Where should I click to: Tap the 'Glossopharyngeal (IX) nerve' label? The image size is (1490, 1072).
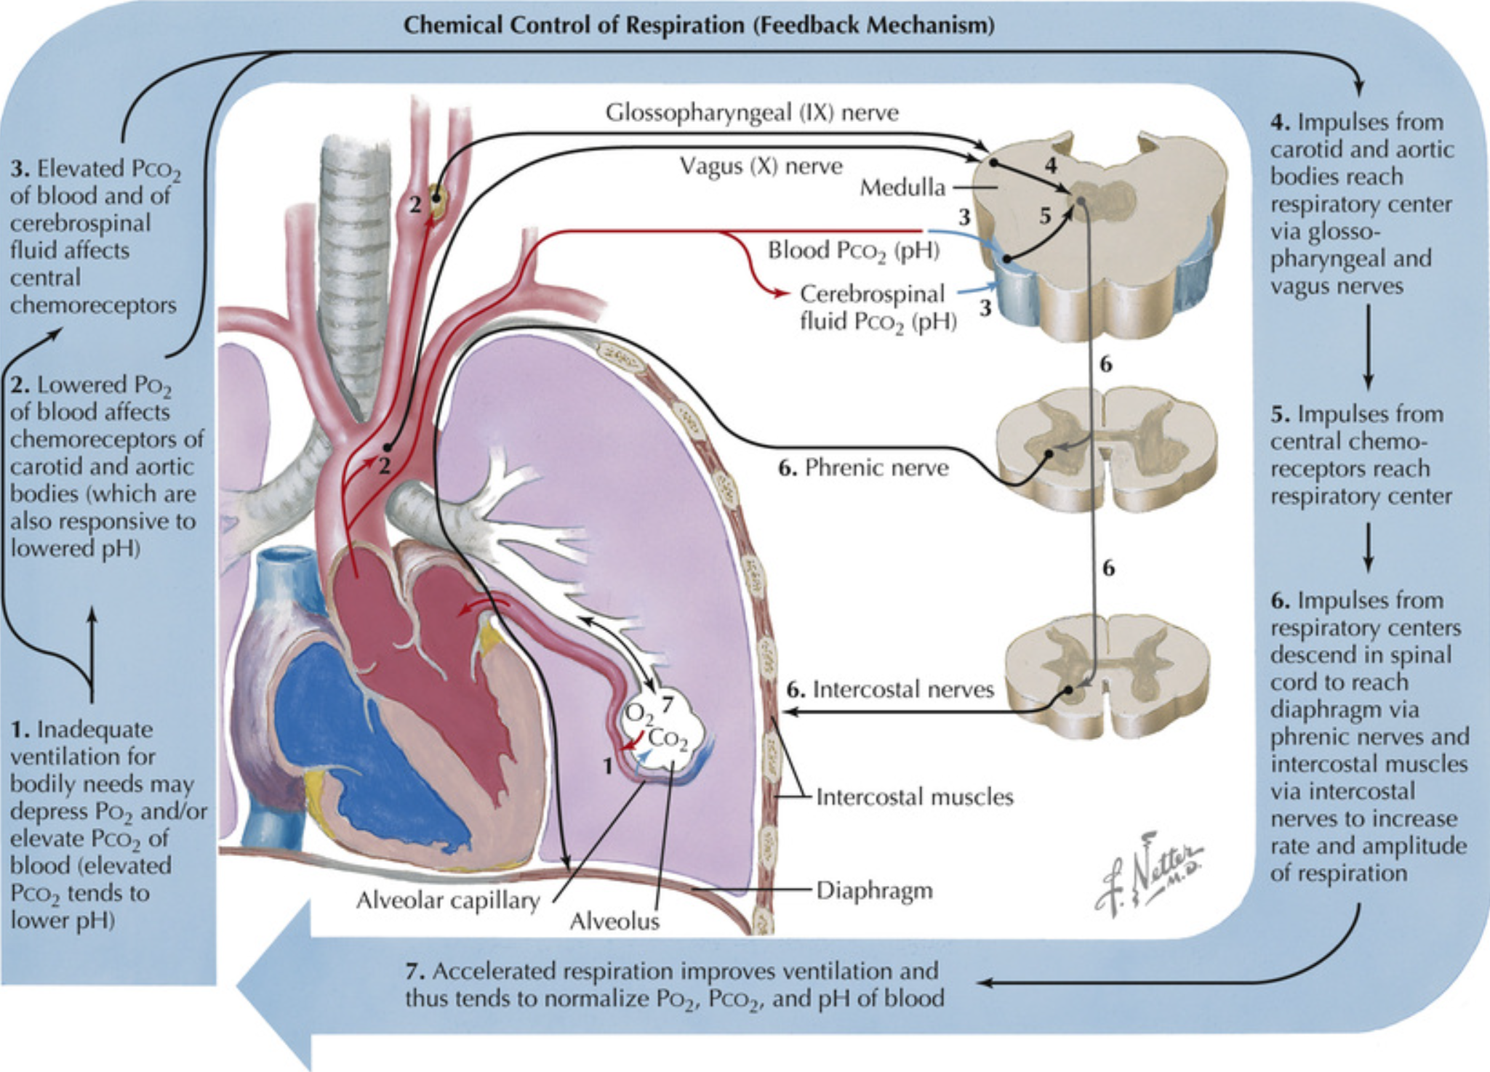pos(752,113)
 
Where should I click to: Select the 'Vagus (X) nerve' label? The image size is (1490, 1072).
pos(761,166)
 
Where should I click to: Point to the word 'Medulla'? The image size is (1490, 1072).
pos(902,188)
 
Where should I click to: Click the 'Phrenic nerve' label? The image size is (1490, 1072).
pos(876,468)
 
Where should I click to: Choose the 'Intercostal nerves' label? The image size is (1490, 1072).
pos(902,689)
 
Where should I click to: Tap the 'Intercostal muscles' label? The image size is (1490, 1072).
pos(914,797)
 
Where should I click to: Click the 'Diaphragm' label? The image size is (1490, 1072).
pos(874,890)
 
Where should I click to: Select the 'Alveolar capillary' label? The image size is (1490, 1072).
pos(447,901)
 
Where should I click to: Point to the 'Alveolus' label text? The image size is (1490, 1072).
pos(614,922)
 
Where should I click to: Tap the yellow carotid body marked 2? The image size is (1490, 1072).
pos(436,196)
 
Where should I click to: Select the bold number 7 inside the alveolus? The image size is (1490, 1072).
pos(668,704)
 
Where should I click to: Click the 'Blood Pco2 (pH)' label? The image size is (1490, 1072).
pos(854,251)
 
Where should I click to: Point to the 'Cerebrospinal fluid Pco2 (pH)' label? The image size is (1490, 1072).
pos(878,307)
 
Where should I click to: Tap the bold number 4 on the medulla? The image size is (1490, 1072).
pos(1050,166)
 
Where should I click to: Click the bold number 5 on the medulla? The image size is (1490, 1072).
pos(1045,215)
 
